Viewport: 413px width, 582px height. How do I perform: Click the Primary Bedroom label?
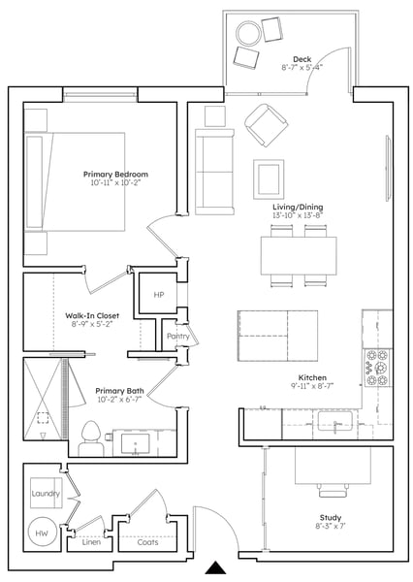(115, 174)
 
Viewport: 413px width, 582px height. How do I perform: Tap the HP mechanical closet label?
(159, 295)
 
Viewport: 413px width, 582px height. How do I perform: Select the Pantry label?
(178, 337)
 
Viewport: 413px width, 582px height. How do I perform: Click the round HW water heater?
(42, 533)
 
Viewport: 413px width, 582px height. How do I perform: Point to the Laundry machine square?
(46, 493)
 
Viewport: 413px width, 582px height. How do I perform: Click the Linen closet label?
(91, 542)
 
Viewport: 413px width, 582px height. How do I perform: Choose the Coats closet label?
(147, 542)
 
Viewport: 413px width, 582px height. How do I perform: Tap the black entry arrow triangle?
(215, 568)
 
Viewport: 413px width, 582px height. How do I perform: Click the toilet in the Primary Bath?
(91, 438)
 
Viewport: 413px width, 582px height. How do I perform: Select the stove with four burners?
(377, 368)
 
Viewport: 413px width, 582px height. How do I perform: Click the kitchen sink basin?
(334, 421)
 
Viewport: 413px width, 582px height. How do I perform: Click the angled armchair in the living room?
(266, 125)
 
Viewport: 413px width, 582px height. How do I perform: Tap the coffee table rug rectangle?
(269, 179)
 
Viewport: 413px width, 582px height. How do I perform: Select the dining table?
(299, 256)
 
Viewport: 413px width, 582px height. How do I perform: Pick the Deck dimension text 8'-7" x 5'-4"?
(302, 68)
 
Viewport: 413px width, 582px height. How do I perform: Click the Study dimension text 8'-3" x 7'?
(331, 526)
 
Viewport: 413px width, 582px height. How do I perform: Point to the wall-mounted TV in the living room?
(388, 169)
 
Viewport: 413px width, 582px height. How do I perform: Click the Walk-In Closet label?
(92, 316)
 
